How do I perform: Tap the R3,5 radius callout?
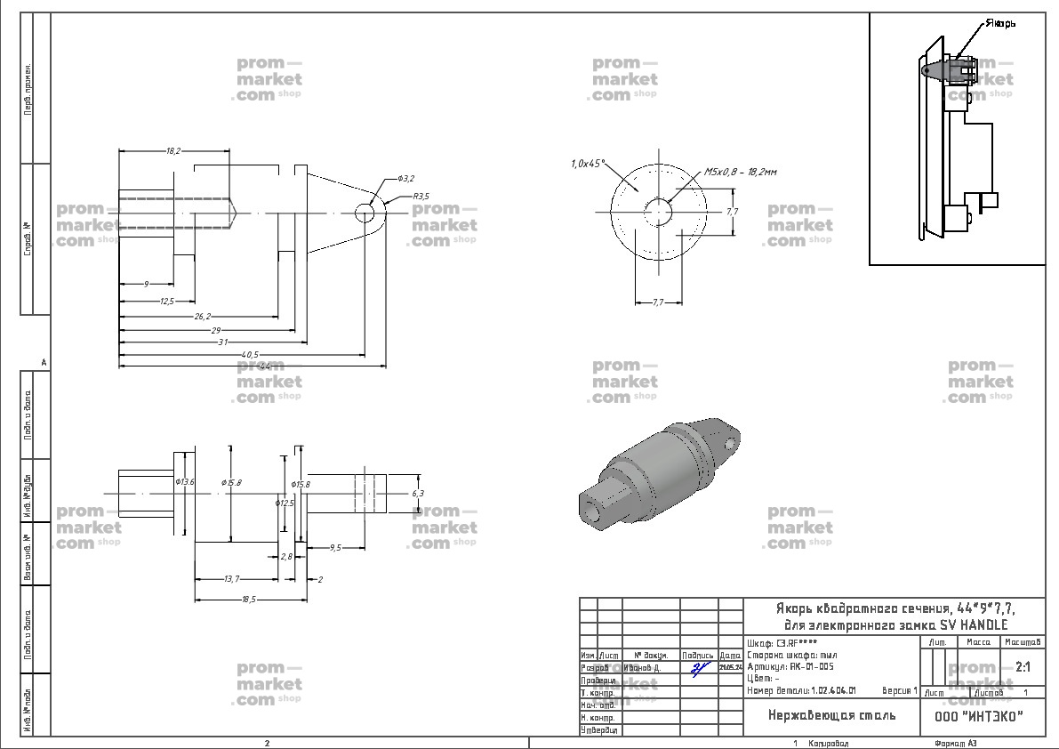click(421, 196)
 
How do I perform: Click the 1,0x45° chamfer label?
click(588, 164)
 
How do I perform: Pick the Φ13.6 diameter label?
click(185, 481)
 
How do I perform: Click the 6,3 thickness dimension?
click(418, 492)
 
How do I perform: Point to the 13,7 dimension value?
click(231, 579)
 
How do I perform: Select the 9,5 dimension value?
click(334, 548)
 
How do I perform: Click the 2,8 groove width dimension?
click(286, 556)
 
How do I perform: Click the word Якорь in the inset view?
click(1000, 24)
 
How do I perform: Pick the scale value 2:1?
click(1023, 666)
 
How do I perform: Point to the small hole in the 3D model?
click(731, 441)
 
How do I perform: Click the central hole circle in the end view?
click(659, 212)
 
